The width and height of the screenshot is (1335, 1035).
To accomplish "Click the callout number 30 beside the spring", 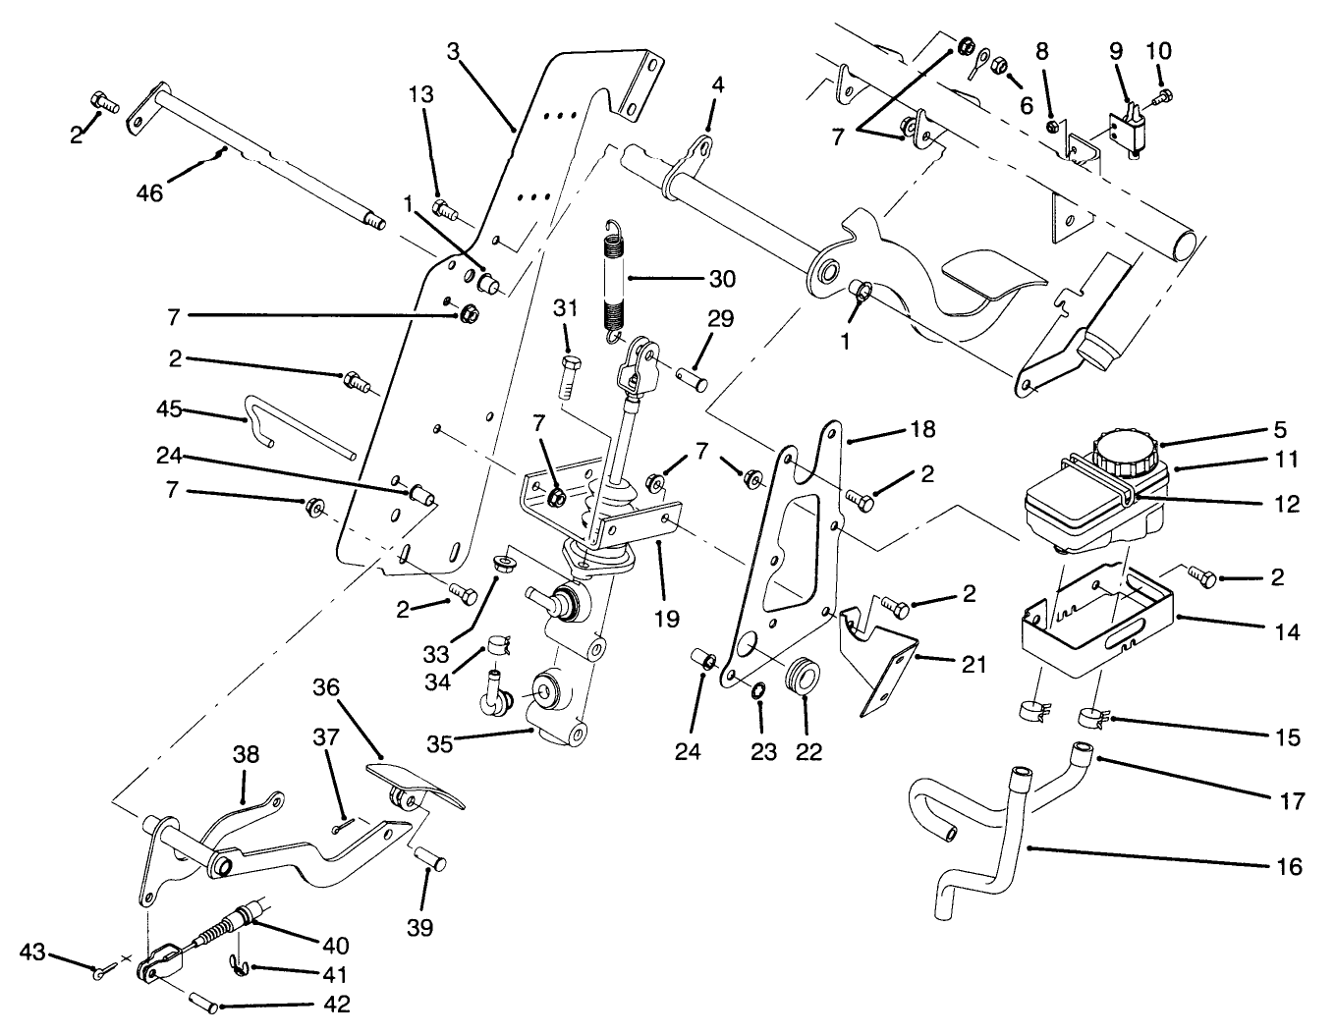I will click(x=721, y=279).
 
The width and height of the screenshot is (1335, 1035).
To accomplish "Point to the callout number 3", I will click(x=452, y=50).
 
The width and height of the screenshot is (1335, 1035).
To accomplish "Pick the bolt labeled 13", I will click(x=444, y=208).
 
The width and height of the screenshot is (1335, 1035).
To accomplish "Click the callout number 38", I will click(x=246, y=754).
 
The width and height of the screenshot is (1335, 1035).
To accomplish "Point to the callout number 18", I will click(x=921, y=429).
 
